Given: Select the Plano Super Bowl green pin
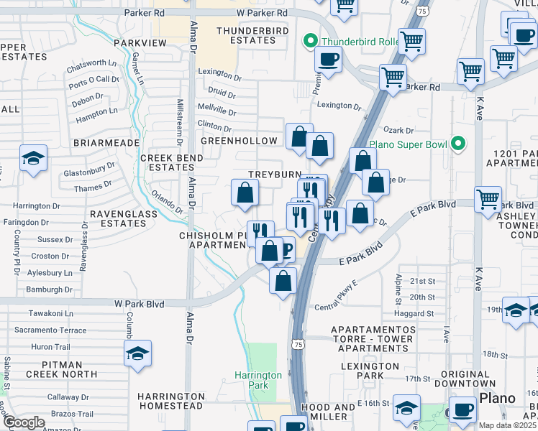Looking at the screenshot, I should pos(455,144).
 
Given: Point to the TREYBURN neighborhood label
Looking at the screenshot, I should pos(273,175).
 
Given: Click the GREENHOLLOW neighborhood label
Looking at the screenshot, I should pos(239,141).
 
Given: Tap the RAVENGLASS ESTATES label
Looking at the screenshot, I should pos(119,218).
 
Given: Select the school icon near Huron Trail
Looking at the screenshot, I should pos(137,353).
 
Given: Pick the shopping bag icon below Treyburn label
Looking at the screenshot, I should pos(245,193).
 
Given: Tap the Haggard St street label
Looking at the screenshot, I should pos(414,313).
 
